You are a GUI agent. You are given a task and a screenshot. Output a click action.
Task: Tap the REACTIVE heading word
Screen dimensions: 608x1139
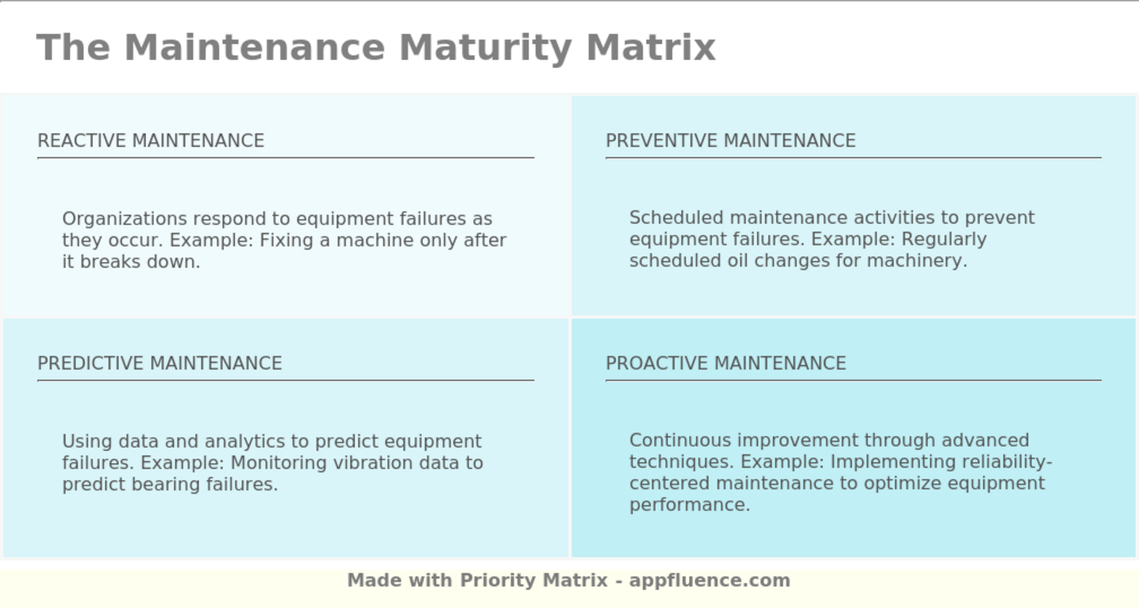tap(81, 141)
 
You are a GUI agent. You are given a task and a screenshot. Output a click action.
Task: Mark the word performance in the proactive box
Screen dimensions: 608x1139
tap(688, 505)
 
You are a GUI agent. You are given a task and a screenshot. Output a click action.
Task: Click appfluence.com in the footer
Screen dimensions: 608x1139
tap(709, 580)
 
